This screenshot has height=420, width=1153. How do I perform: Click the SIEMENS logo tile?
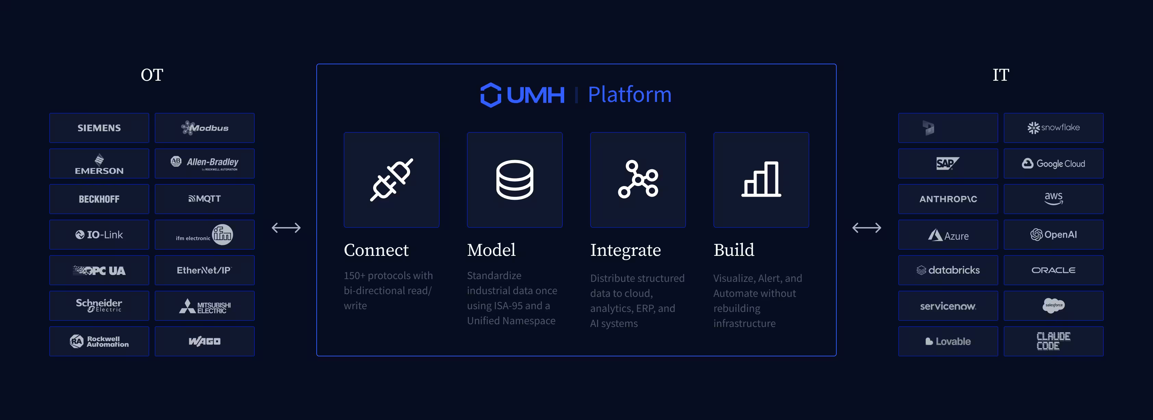coord(99,128)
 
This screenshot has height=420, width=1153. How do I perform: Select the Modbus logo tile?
coord(205,128)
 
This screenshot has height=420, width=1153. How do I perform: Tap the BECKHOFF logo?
coord(99,199)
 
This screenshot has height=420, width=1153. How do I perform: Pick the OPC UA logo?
coord(99,270)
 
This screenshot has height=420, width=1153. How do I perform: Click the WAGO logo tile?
coord(205,341)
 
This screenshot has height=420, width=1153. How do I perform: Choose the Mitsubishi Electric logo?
coord(205,306)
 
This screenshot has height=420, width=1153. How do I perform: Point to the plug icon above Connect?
coord(391,180)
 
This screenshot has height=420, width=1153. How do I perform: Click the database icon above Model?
coord(514,180)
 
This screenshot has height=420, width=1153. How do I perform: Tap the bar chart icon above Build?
coord(761,180)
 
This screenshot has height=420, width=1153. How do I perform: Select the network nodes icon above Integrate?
coord(638,180)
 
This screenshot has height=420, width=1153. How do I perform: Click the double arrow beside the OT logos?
coord(286,228)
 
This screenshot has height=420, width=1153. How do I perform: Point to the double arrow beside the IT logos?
coord(866,228)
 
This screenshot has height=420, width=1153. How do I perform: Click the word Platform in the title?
coord(629,95)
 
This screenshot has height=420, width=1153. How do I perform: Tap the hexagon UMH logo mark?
coord(491,95)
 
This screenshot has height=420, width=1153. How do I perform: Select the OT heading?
coord(152,75)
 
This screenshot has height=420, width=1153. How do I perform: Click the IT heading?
coord(1001,75)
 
